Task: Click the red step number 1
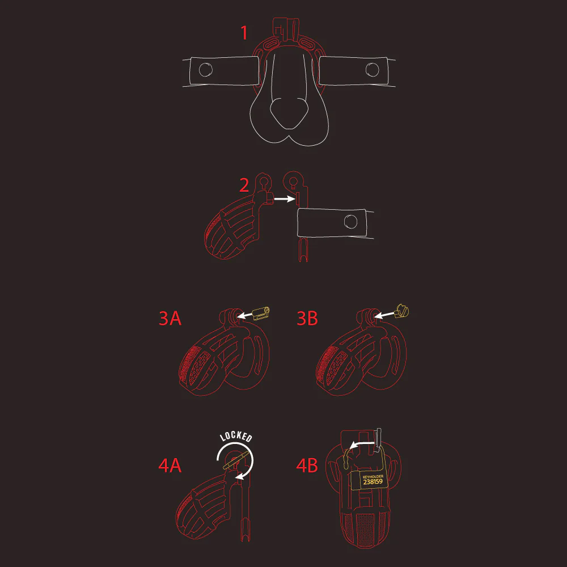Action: [244, 32]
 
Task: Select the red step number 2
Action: [244, 185]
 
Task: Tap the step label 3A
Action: [170, 318]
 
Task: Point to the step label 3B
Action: [307, 318]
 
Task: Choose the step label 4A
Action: [170, 466]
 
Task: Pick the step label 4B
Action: [307, 466]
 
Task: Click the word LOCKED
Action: [236, 437]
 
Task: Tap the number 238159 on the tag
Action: [373, 481]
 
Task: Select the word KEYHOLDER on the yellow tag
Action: [373, 477]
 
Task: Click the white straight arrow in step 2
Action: [285, 198]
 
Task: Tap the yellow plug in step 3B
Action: [402, 311]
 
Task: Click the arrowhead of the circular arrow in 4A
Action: [239, 477]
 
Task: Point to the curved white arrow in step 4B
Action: [362, 444]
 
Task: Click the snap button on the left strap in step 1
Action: [206, 70]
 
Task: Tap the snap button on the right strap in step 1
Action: [372, 70]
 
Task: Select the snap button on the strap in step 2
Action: [350, 222]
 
